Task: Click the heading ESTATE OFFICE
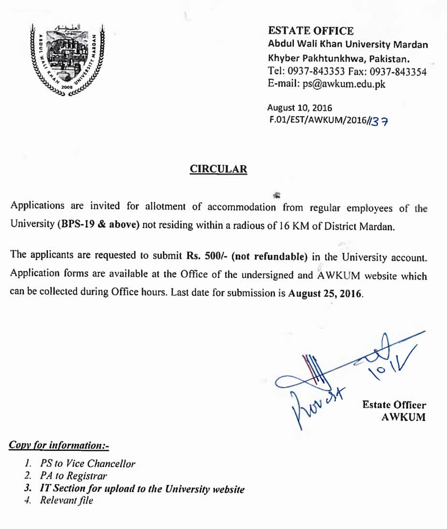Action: click(x=311, y=31)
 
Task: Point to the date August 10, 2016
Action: click(x=300, y=108)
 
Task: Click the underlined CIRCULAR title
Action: click(x=218, y=169)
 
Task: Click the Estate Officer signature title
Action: click(x=394, y=405)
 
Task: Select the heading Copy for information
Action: click(x=59, y=445)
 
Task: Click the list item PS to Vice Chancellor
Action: click(x=87, y=463)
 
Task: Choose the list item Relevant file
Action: click(x=66, y=500)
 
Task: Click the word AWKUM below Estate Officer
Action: click(x=404, y=418)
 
